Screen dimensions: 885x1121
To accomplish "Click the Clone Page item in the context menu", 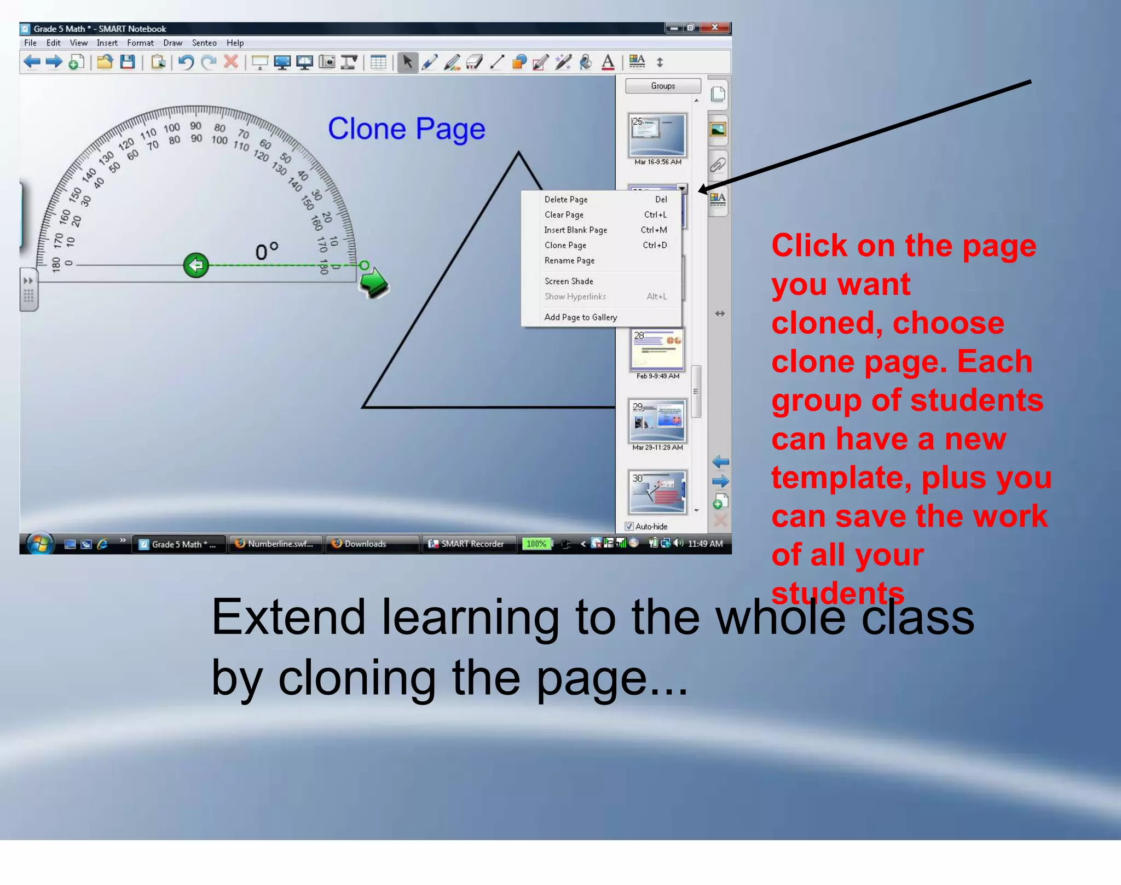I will [x=565, y=246].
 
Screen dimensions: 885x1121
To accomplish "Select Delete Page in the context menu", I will [x=565, y=200].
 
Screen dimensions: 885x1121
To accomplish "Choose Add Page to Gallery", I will [x=580, y=317].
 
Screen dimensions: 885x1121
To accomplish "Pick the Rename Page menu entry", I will [x=569, y=261].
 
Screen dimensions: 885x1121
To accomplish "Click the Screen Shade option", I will [x=568, y=281].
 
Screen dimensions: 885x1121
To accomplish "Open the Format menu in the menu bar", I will [x=140, y=43].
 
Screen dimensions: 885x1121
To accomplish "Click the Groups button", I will [x=662, y=86].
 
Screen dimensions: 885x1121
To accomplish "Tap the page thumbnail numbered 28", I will [x=657, y=350].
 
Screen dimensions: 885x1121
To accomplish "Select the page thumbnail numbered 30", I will [x=657, y=492].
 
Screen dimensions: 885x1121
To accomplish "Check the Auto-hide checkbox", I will [x=629, y=526].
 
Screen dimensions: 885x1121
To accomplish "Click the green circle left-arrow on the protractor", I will [x=196, y=265].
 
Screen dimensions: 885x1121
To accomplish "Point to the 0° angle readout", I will [x=267, y=251].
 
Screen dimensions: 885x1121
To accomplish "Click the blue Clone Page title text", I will [x=406, y=129].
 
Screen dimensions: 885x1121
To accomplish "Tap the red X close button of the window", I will [x=714, y=27].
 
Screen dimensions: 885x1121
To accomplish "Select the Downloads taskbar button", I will [x=366, y=544].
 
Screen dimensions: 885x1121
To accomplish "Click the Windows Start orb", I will [x=40, y=543].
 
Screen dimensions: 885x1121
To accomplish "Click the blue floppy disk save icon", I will [x=128, y=62].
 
